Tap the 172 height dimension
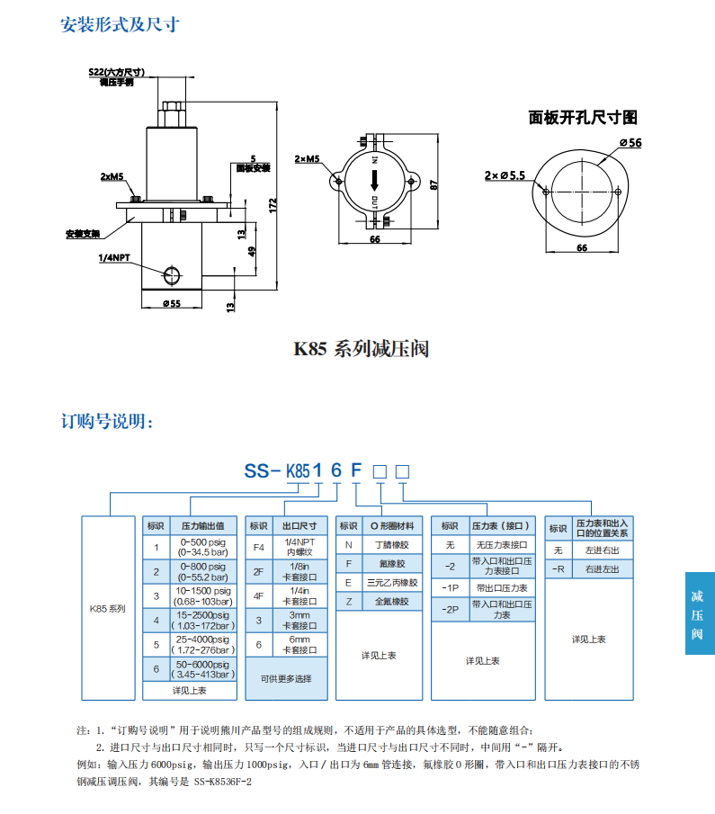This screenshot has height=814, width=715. (273, 206)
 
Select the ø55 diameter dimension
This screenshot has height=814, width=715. (171, 303)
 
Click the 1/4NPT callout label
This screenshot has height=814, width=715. (114, 257)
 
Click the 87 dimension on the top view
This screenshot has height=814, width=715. (434, 184)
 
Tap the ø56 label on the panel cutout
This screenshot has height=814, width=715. (630, 143)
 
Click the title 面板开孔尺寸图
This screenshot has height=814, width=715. (582, 118)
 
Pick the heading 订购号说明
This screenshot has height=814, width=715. (107, 422)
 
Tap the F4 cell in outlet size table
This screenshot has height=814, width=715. (259, 547)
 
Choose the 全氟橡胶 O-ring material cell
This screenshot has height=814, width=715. (391, 601)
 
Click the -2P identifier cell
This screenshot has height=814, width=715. (450, 609)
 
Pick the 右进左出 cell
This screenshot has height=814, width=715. (602, 568)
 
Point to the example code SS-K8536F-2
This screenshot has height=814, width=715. (223, 782)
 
